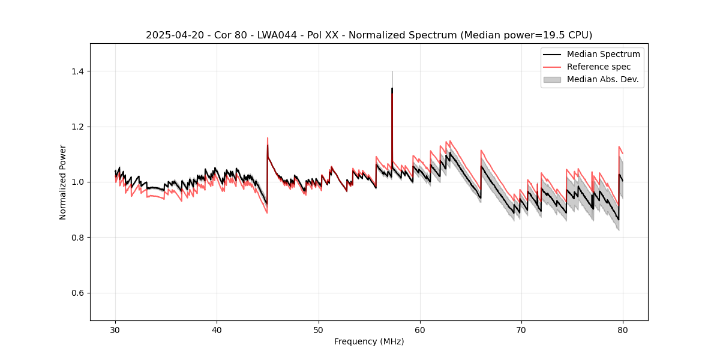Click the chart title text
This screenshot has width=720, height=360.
pyautogui.click(x=369, y=35)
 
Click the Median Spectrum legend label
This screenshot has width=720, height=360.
pyautogui.click(x=603, y=54)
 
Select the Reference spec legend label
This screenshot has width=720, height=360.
pyautogui.click(x=598, y=67)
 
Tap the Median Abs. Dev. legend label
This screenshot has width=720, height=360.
pyautogui.click(x=602, y=79)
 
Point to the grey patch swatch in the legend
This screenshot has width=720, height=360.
pyautogui.click(x=552, y=79)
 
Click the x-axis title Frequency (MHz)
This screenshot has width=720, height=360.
pyautogui.click(x=369, y=341)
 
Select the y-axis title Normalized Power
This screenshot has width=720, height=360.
pyautogui.click(x=63, y=182)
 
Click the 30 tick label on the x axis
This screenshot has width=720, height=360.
pyautogui.click(x=116, y=330)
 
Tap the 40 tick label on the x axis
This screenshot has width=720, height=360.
pyautogui.click(x=217, y=330)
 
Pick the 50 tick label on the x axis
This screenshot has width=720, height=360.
pyautogui.click(x=319, y=330)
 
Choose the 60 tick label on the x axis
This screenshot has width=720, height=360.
pyautogui.click(x=420, y=330)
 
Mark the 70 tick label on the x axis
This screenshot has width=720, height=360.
pyautogui.click(x=521, y=330)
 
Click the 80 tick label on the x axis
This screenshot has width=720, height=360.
pyautogui.click(x=623, y=330)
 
